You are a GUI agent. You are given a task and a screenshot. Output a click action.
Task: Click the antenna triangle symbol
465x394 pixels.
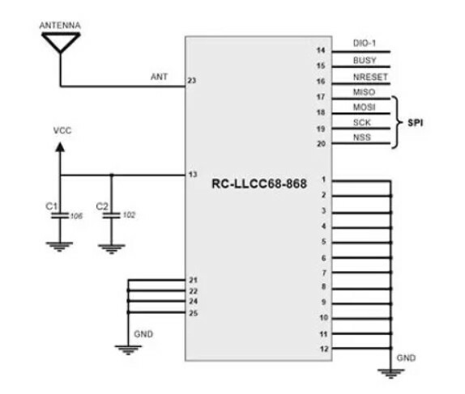click(x=59, y=43)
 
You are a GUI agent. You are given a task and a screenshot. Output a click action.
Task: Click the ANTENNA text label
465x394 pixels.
click(x=59, y=26)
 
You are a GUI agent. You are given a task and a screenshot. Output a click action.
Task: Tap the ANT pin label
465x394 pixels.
click(x=160, y=77)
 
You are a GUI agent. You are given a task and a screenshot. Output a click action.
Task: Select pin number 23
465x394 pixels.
click(x=192, y=81)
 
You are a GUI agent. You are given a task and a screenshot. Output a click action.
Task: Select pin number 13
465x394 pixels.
click(x=192, y=175)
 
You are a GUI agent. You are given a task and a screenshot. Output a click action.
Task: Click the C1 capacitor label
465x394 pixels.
click(x=51, y=206)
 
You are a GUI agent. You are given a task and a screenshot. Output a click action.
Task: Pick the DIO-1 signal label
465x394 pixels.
click(x=366, y=43)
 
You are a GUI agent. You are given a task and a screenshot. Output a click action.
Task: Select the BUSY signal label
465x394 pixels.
click(x=365, y=61)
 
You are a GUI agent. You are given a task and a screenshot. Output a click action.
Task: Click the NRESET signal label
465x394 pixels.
click(x=371, y=77)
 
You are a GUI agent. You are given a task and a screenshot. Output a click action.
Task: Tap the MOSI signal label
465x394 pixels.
click(x=364, y=107)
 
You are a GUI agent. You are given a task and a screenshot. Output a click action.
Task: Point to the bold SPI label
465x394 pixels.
click(x=414, y=124)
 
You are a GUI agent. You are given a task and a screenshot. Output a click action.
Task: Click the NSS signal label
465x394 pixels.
click(x=362, y=138)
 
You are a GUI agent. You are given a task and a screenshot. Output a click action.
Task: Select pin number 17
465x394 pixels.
click(x=321, y=97)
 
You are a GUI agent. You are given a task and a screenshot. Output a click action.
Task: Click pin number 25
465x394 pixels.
click(x=193, y=313)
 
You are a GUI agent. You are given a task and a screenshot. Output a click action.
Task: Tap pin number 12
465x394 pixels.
click(x=322, y=349)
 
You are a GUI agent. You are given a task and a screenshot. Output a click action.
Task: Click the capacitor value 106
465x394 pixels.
click(x=75, y=216)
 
